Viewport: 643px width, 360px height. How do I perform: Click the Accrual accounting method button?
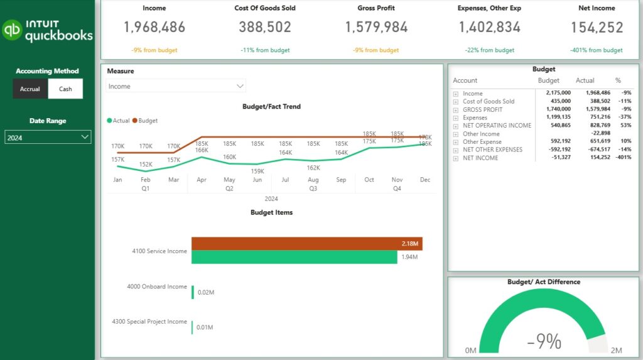pyautogui.click(x=30, y=89)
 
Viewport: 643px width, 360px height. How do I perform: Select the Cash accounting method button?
pyautogui.click(x=66, y=89)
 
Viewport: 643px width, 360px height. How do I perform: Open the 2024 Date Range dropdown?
pyautogui.click(x=48, y=137)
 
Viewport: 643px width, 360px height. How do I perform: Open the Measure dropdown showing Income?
pyautogui.click(x=176, y=86)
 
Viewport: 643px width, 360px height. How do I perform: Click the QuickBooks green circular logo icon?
pyautogui.click(x=13, y=30)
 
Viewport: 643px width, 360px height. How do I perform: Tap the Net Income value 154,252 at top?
pyautogui.click(x=597, y=28)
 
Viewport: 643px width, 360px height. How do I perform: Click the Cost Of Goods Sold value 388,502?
pyautogui.click(x=265, y=28)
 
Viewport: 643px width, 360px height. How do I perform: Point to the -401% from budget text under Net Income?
pyautogui.click(x=597, y=50)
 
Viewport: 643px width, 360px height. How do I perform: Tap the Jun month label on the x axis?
pyautogui.click(x=257, y=180)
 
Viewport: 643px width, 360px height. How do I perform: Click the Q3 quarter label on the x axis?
pyautogui.click(x=313, y=188)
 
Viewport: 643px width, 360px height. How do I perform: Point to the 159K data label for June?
pyautogui.click(x=257, y=171)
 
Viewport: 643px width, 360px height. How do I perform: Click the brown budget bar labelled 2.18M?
pyautogui.click(x=306, y=244)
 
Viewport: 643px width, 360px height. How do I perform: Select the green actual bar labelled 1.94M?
pyautogui.click(x=294, y=257)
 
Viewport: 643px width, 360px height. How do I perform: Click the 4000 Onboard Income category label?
pyautogui.click(x=157, y=286)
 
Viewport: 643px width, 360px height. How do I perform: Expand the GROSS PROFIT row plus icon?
pyautogui.click(x=456, y=109)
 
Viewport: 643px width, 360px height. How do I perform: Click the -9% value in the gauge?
pyautogui.click(x=544, y=341)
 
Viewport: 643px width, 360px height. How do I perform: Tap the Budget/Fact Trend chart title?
pyautogui.click(x=271, y=107)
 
